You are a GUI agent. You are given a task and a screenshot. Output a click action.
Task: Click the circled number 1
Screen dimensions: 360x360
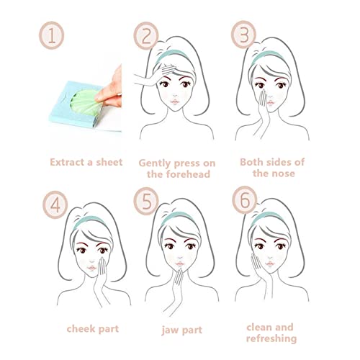[52, 35]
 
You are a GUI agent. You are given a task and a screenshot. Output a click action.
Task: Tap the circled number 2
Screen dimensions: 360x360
[146, 35]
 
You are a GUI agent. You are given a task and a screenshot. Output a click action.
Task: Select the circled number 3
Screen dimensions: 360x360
[244, 35]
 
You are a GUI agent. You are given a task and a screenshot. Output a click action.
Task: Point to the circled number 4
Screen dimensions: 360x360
[55, 204]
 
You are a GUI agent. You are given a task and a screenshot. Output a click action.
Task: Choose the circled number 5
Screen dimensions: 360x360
[146, 201]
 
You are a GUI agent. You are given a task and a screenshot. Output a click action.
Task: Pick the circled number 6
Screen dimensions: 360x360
[245, 199]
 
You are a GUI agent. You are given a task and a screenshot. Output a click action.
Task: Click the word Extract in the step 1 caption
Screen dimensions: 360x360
[67, 162]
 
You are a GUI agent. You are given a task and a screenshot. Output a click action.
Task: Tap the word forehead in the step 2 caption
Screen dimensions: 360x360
[179, 174]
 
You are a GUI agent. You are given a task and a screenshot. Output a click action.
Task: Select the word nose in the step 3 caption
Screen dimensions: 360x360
[284, 174]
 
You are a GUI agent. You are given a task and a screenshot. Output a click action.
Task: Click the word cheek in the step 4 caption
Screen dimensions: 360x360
[81, 328]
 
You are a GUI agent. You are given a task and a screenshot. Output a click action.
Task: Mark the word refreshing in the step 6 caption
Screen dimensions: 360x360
[271, 338]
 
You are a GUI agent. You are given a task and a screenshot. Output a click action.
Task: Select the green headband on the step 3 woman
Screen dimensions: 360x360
[267, 55]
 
